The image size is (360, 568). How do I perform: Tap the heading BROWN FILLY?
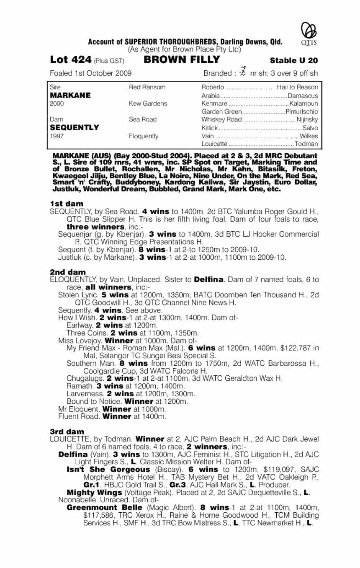pos(182,59)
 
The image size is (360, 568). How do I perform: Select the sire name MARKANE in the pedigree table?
pos(70,95)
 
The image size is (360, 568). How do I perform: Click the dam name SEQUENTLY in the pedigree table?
pos(74,127)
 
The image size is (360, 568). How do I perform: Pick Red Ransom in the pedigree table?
pos(147,88)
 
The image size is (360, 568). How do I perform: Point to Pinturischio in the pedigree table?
pos(302,111)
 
